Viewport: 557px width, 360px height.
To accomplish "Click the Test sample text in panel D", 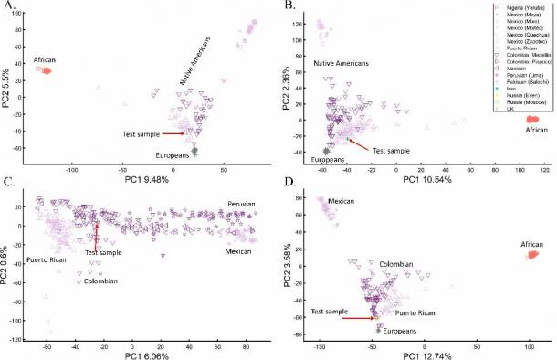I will (331, 312).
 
